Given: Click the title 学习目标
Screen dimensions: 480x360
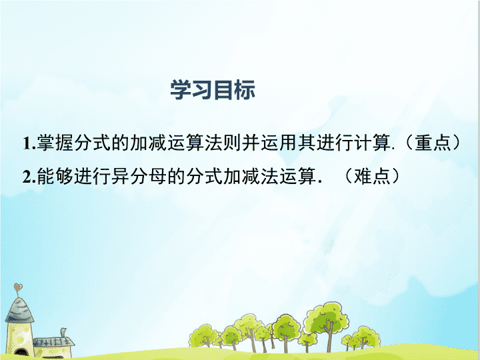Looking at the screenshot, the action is pyautogui.click(x=213, y=90).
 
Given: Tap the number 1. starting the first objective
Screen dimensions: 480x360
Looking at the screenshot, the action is pyautogui.click(x=29, y=143).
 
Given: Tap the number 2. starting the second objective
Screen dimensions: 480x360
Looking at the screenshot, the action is pyautogui.click(x=29, y=177).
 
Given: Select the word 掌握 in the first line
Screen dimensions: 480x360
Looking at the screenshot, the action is pyautogui.click(x=55, y=143).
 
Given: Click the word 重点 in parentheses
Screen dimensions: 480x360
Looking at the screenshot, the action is pyautogui.click(x=433, y=143).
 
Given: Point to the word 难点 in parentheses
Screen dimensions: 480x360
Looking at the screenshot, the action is pyautogui.click(x=372, y=176).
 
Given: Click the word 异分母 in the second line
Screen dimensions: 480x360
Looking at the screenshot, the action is pyautogui.click(x=139, y=176).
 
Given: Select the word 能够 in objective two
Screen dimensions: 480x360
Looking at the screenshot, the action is pyautogui.click(x=55, y=176).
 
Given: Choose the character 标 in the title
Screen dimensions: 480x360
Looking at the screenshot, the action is pyautogui.click(x=245, y=90).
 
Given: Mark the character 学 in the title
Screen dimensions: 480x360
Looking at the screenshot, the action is pyautogui.click(x=181, y=90).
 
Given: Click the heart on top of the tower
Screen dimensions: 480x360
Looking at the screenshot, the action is pyautogui.click(x=18, y=287).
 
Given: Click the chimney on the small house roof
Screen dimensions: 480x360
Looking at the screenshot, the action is pyautogui.click(x=63, y=333).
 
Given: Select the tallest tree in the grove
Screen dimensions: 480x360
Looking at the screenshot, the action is pyautogui.click(x=327, y=325).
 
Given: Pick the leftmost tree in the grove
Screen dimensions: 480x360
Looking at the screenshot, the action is pyautogui.click(x=203, y=336).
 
